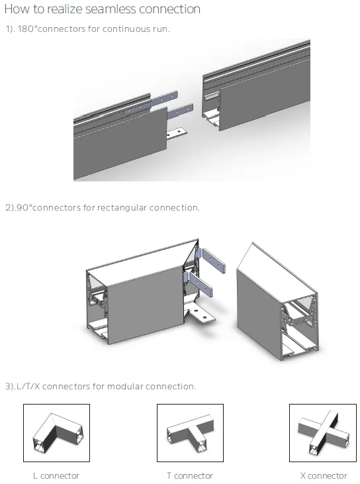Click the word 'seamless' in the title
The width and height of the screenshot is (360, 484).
(111, 9)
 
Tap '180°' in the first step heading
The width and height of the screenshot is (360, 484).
(27, 28)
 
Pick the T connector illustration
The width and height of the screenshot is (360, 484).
(191, 433)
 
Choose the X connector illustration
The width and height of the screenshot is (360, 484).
(323, 433)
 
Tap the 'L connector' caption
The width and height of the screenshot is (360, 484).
(56, 475)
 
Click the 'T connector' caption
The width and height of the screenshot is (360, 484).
(190, 475)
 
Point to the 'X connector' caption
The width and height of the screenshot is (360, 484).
(324, 475)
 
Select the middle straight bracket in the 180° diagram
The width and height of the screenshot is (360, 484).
(181, 111)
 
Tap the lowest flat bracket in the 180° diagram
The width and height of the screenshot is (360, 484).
(177, 133)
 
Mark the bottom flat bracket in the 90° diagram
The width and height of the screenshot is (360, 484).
(201, 316)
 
